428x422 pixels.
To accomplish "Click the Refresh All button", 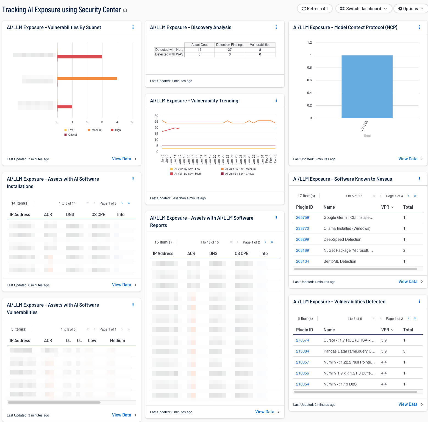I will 315,9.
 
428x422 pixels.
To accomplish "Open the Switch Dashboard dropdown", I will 363,9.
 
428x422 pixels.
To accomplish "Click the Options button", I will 410,9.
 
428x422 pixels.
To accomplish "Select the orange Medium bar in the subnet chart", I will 87,79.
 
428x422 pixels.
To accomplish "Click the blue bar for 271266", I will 367,86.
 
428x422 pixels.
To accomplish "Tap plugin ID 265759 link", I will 302,217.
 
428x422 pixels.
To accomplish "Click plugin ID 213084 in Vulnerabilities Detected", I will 302,351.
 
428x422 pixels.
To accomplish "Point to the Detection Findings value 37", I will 230,50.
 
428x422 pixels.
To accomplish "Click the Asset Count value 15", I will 199,50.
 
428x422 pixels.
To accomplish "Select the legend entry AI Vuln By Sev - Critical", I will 239,174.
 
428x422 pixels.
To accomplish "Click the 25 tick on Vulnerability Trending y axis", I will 156,122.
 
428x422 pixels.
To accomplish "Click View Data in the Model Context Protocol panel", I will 408,159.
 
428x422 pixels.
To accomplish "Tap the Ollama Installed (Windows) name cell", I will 347,228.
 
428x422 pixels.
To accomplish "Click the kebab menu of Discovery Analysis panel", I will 276,27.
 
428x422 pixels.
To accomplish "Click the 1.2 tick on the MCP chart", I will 309,43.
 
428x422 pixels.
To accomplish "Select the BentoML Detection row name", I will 340,261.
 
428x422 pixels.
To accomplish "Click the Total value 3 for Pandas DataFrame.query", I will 404,351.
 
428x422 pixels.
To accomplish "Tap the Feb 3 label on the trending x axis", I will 275,159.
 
